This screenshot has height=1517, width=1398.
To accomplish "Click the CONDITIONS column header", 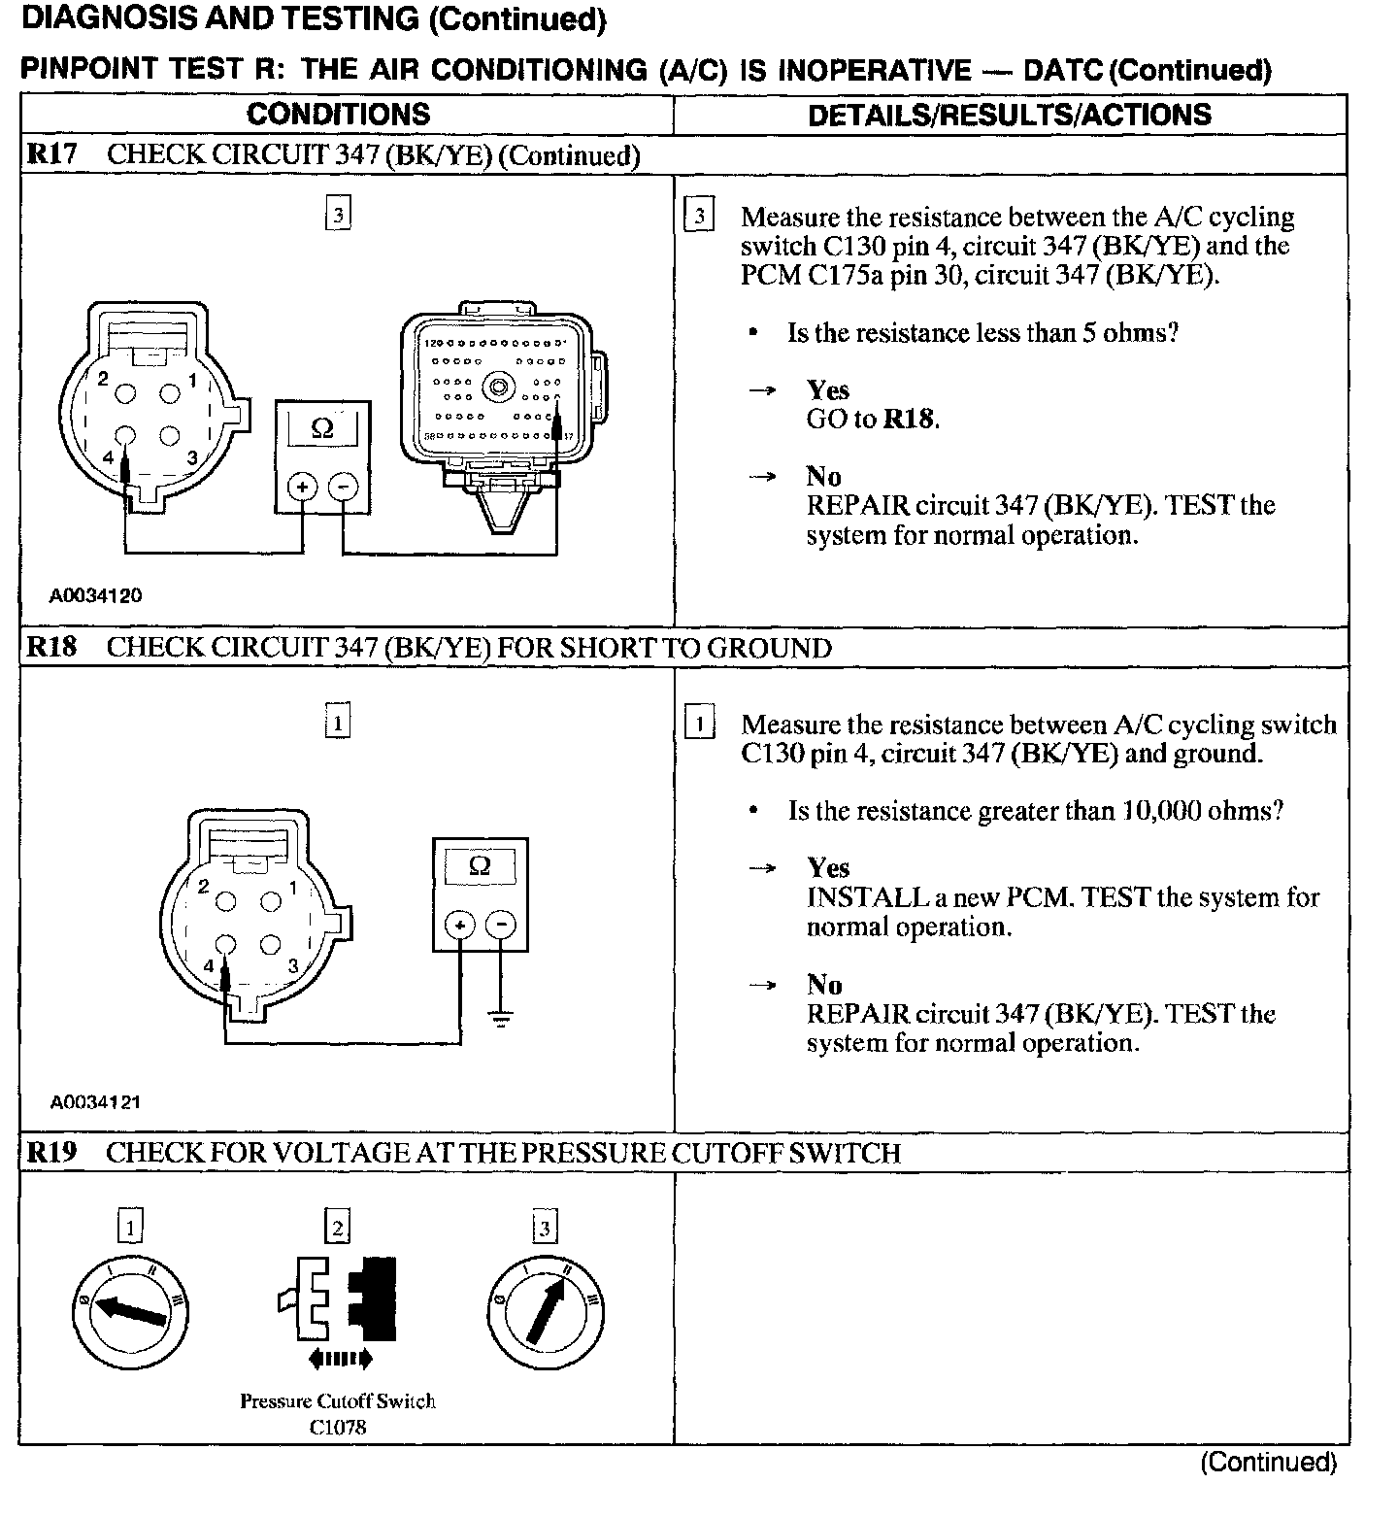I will click(338, 115).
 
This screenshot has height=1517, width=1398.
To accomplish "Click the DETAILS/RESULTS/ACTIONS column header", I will click(1010, 115).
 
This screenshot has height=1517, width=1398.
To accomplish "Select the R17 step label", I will click(51, 154).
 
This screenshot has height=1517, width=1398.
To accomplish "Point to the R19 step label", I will click(51, 1153).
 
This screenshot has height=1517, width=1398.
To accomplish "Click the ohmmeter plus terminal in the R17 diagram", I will click(302, 486).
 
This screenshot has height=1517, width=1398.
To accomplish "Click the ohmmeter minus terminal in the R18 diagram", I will click(501, 924).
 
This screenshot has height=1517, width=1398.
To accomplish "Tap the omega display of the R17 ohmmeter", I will click(322, 428).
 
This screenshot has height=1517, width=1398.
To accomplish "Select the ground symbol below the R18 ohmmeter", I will click(501, 1019).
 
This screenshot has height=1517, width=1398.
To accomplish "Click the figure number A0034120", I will click(96, 595).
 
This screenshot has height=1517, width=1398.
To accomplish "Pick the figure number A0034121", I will click(96, 1102).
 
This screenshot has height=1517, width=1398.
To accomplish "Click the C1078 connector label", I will click(338, 1428).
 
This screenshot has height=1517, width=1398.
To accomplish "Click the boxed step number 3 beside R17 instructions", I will click(699, 216).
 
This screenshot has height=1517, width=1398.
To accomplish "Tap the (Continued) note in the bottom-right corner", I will click(1268, 1463).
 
